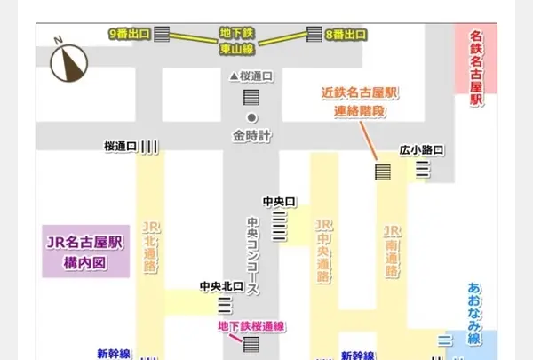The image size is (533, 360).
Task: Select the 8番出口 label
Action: (346, 34)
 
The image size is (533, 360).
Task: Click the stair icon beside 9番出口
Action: (162, 35)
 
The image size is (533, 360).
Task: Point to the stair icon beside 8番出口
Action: (314, 34)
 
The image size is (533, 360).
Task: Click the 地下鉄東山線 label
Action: (237, 42)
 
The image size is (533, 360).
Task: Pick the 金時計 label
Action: (251, 136)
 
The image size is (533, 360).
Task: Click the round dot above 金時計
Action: (251, 117)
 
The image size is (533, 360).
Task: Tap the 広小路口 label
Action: (421, 149)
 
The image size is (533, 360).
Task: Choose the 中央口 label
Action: (278, 202)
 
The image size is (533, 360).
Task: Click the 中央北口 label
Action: (221, 286)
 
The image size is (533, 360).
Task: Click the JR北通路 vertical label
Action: (147, 249)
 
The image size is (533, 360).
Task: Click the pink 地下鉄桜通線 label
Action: (251, 326)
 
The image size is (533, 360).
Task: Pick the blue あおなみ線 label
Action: (473, 314)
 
